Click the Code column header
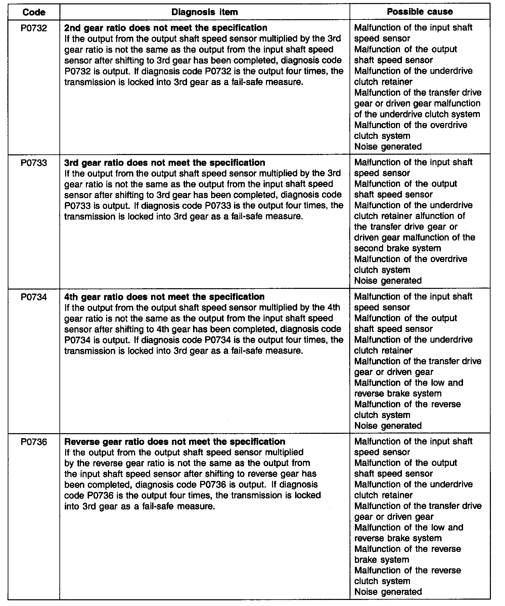[34, 12]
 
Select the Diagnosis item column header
[204, 12]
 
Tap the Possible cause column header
[420, 12]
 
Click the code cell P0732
[34, 28]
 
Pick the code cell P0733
[34, 163]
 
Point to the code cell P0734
[34, 297]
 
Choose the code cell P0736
[34, 442]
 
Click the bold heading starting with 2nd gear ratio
[166, 28]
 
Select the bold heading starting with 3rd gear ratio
[165, 163]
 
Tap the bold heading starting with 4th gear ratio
[164, 297]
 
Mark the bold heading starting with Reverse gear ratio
[175, 442]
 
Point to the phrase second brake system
[398, 249]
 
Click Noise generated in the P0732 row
[388, 147]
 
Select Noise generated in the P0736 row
[388, 592]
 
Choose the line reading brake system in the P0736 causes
[382, 560]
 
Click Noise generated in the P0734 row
[388, 426]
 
